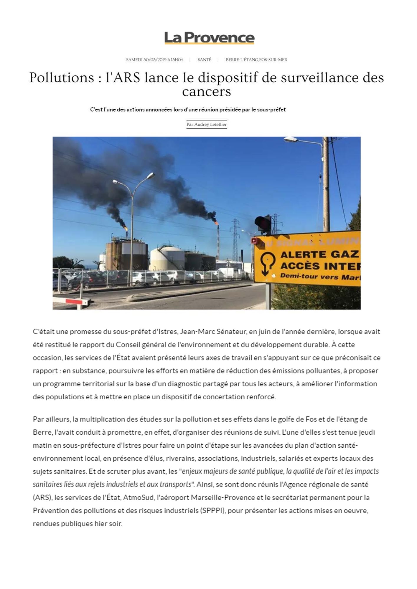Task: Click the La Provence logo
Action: pos(209,38)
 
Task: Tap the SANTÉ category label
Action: pos(205,60)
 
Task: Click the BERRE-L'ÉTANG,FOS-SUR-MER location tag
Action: pos(256,60)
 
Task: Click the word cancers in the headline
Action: pos(206,92)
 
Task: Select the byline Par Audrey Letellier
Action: pos(207,125)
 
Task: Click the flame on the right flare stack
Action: pos(217,223)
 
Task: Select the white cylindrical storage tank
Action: pos(167,259)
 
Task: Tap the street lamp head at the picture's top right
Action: pos(291,139)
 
